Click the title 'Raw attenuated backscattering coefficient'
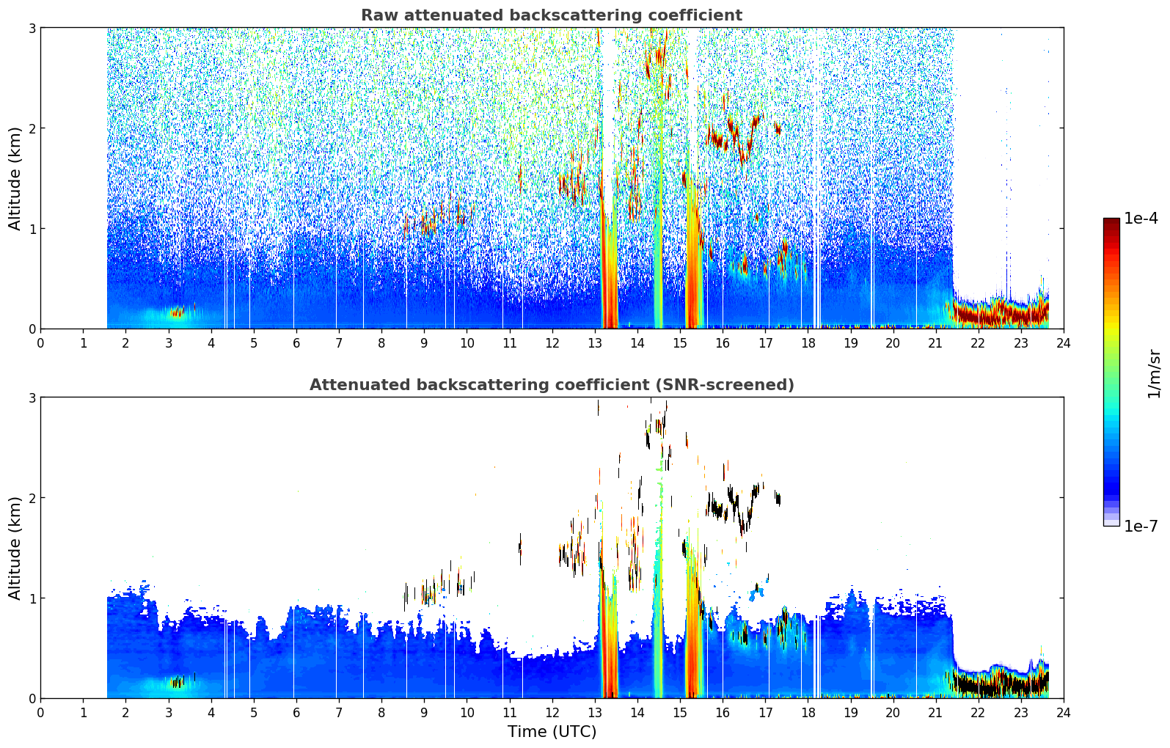pos(552,15)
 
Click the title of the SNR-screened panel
pos(552,384)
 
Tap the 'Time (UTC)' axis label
pos(552,732)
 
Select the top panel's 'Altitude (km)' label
pos(15,179)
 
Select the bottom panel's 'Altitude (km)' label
pos(15,548)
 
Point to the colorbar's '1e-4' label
pos(1141,219)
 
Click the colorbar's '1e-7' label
pos(1141,526)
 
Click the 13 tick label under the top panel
pos(594,343)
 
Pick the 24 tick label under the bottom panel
pos(1064,713)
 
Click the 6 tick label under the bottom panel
pos(296,713)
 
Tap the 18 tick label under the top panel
pos(808,343)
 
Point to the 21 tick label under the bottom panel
pos(935,713)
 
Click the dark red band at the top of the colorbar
pos(1111,222)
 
